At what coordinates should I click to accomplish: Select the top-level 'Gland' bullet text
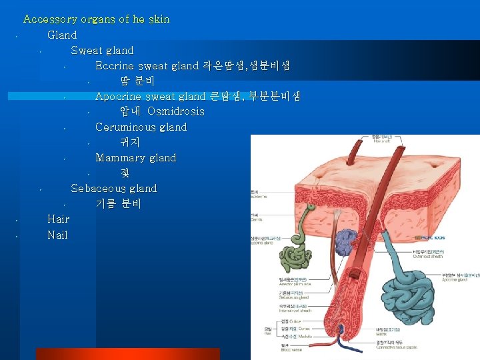pyautogui.click(x=62, y=35)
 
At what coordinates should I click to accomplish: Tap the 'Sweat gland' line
pyautogui.click(x=102, y=50)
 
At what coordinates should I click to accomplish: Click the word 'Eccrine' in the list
pyautogui.click(x=115, y=65)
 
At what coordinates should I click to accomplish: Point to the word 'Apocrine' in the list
pyautogui.click(x=119, y=96)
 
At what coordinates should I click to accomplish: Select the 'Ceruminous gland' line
pyautogui.click(x=141, y=127)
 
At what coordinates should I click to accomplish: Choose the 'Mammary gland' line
pyautogui.click(x=135, y=157)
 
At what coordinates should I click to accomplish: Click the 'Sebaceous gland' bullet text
pyautogui.click(x=113, y=188)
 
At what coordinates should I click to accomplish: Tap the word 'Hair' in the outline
pyautogui.click(x=58, y=219)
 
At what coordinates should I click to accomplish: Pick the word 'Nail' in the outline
pyautogui.click(x=57, y=234)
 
